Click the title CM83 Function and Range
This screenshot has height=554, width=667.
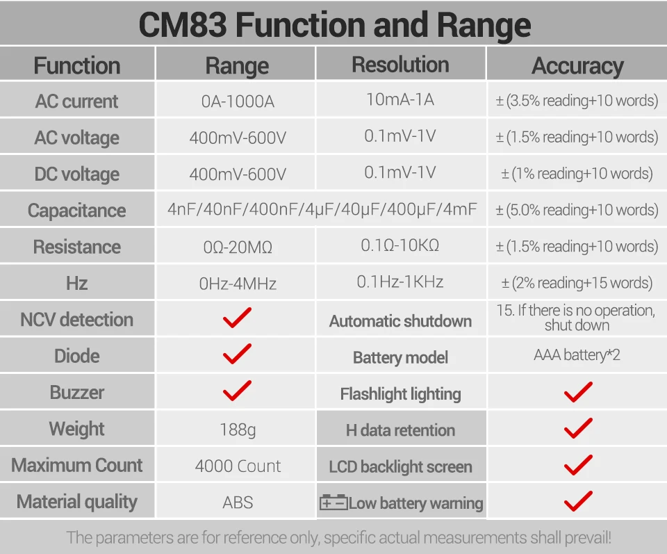click(334, 24)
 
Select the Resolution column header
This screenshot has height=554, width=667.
click(400, 65)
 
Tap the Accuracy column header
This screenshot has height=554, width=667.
click(577, 66)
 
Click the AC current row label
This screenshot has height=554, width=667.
click(76, 101)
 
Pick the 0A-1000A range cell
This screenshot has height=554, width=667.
click(238, 101)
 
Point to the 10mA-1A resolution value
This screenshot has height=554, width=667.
click(400, 99)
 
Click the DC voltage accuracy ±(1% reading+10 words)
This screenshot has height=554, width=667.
click(577, 174)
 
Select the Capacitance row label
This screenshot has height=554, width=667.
click(76, 211)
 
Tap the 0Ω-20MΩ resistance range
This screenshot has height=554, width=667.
click(238, 247)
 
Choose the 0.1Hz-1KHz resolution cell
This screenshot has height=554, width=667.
click(400, 282)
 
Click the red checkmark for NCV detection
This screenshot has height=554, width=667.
click(237, 318)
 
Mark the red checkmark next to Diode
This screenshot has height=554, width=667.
click(237, 355)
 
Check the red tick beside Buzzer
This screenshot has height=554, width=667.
click(237, 391)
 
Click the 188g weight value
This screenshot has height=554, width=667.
click(238, 430)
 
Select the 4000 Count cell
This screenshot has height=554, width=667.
click(238, 466)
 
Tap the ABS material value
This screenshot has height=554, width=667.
click(238, 502)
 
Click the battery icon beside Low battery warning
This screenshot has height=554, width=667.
click(333, 503)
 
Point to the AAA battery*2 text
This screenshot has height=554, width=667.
click(577, 355)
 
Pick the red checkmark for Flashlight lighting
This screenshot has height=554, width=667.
click(577, 392)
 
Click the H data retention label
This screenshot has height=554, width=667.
click(400, 430)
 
